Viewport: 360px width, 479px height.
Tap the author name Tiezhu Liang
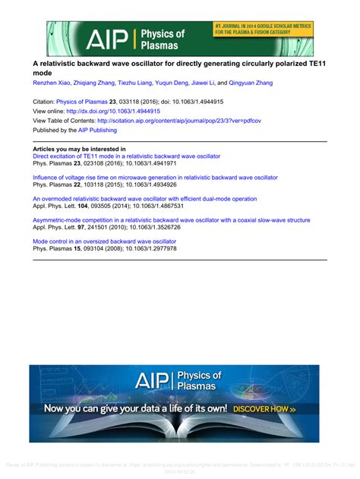(137, 81)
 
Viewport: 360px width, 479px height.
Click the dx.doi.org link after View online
(131, 110)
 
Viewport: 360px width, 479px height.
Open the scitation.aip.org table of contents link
(178, 120)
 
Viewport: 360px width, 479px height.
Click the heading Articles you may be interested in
(79, 149)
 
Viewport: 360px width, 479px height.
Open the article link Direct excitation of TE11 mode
(126, 156)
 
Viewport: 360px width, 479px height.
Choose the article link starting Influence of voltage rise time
(155, 178)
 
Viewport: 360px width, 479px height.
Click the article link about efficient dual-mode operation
(144, 199)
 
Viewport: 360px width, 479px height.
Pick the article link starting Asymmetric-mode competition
(171, 220)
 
